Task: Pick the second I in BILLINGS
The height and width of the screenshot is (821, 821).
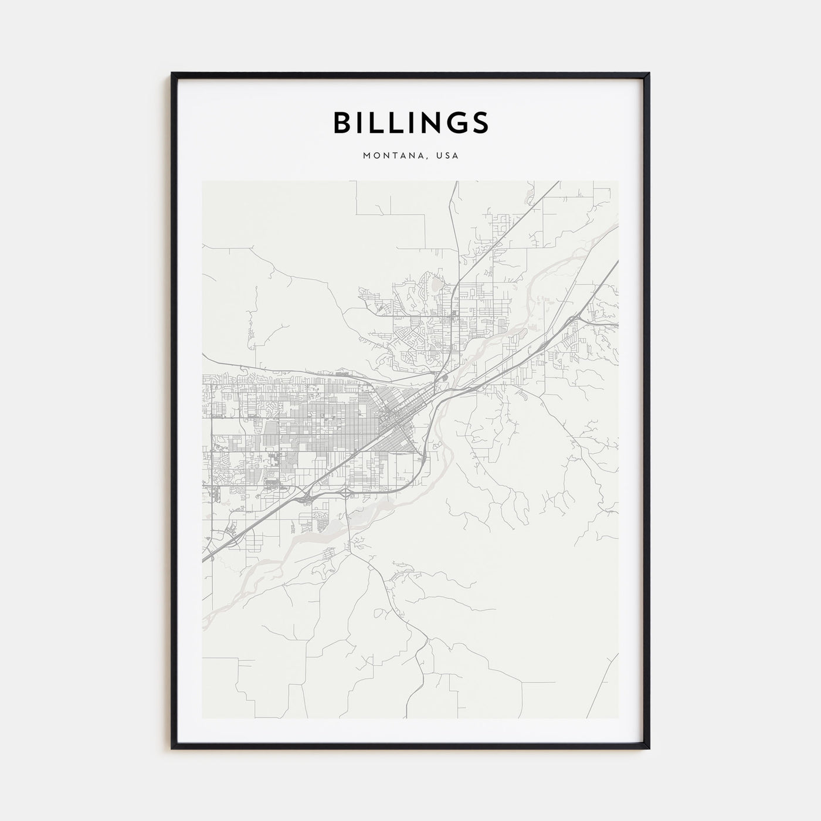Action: pos(404,123)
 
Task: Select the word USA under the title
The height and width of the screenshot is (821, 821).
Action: pos(447,156)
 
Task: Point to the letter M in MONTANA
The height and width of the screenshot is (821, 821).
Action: pos(367,156)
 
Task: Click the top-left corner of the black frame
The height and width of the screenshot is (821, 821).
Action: pos(172,74)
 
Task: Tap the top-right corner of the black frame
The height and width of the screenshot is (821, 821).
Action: pos(649,74)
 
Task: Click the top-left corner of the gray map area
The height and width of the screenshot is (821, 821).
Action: pos(202,181)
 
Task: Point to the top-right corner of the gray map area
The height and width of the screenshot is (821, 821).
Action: pos(618,181)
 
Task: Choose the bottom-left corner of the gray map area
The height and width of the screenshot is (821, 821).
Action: pos(202,718)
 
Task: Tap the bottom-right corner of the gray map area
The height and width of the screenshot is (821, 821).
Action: pos(618,718)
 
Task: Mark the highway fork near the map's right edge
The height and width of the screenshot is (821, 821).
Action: pos(578,316)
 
